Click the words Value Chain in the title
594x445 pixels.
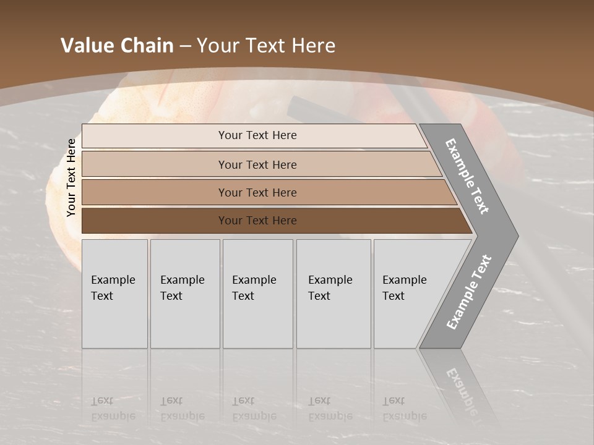(x=117, y=46)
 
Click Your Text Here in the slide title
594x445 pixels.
(x=266, y=46)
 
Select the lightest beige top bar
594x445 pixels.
(x=155, y=136)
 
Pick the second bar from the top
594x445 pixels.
(x=155, y=164)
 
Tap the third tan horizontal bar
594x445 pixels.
(x=155, y=192)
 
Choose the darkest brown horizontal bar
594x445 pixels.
(x=155, y=221)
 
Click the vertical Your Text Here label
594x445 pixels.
(x=71, y=177)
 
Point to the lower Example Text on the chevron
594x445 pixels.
(x=468, y=292)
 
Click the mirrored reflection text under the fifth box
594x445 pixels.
(x=403, y=409)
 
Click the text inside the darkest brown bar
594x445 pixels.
(x=257, y=221)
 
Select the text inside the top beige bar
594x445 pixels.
(x=257, y=135)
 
